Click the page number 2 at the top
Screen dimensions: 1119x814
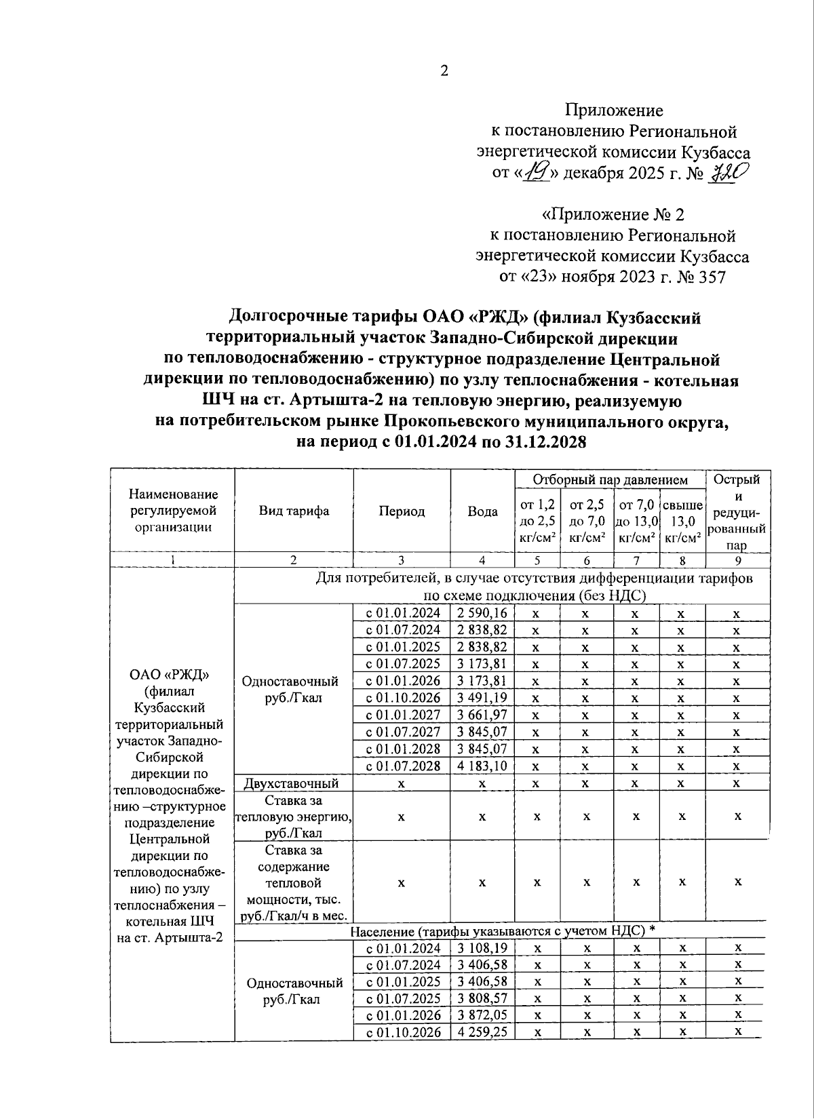coord(444,71)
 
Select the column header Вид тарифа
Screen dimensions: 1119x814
coord(294,511)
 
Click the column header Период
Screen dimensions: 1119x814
coord(402,511)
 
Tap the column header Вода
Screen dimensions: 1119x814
coord(482,511)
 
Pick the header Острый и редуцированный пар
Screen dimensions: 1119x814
coord(738,511)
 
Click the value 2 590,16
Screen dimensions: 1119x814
coord(482,613)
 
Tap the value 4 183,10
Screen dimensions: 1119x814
coord(482,766)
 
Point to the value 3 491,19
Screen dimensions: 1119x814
coord(482,698)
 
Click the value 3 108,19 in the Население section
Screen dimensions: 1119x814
coord(482,948)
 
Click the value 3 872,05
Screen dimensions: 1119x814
coord(482,1015)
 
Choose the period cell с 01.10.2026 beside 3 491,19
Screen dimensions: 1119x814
coord(403,698)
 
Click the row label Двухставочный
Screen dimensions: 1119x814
coord(291,783)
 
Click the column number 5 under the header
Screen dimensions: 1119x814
coord(537,560)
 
